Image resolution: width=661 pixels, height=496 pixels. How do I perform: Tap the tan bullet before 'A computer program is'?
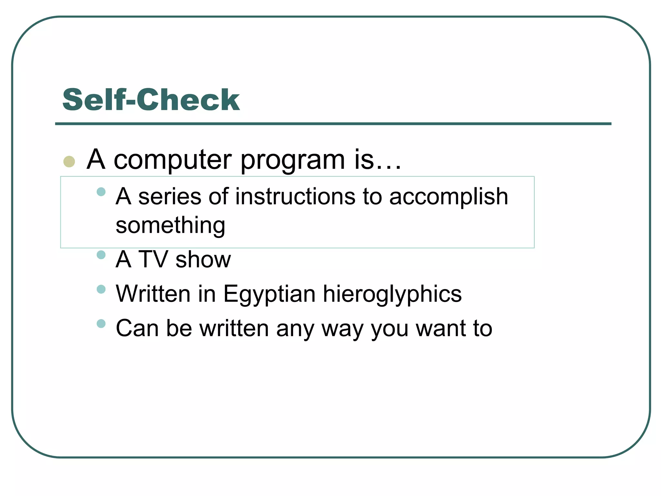69,161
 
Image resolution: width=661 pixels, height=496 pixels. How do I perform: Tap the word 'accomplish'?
448,197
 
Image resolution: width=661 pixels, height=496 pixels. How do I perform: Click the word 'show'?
203,259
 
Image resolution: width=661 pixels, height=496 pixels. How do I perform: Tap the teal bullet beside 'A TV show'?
101,255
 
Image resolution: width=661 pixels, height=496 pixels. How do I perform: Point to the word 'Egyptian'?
269,294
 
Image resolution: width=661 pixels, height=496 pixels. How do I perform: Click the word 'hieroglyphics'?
392,294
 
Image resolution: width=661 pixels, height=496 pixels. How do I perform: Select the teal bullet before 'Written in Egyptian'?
101,289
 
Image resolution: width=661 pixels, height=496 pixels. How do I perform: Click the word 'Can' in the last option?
137,328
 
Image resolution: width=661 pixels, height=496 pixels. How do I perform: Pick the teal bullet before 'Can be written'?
101,323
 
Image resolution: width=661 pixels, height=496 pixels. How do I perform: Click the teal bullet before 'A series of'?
101,192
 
